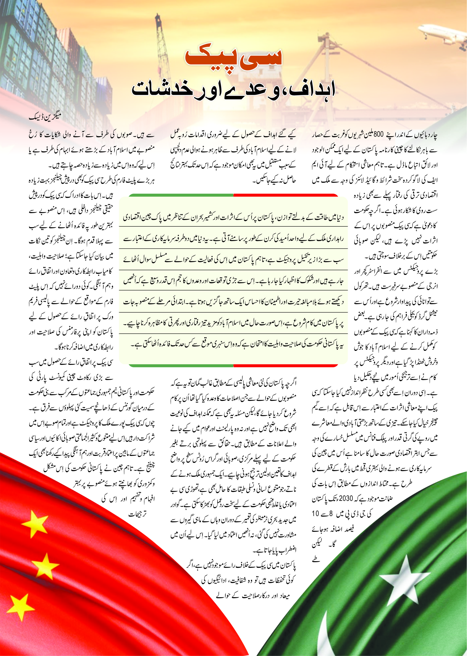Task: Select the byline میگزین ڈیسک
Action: click(x=45, y=118)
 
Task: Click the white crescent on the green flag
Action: click(x=328, y=633)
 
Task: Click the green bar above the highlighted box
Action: click(x=181, y=195)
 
